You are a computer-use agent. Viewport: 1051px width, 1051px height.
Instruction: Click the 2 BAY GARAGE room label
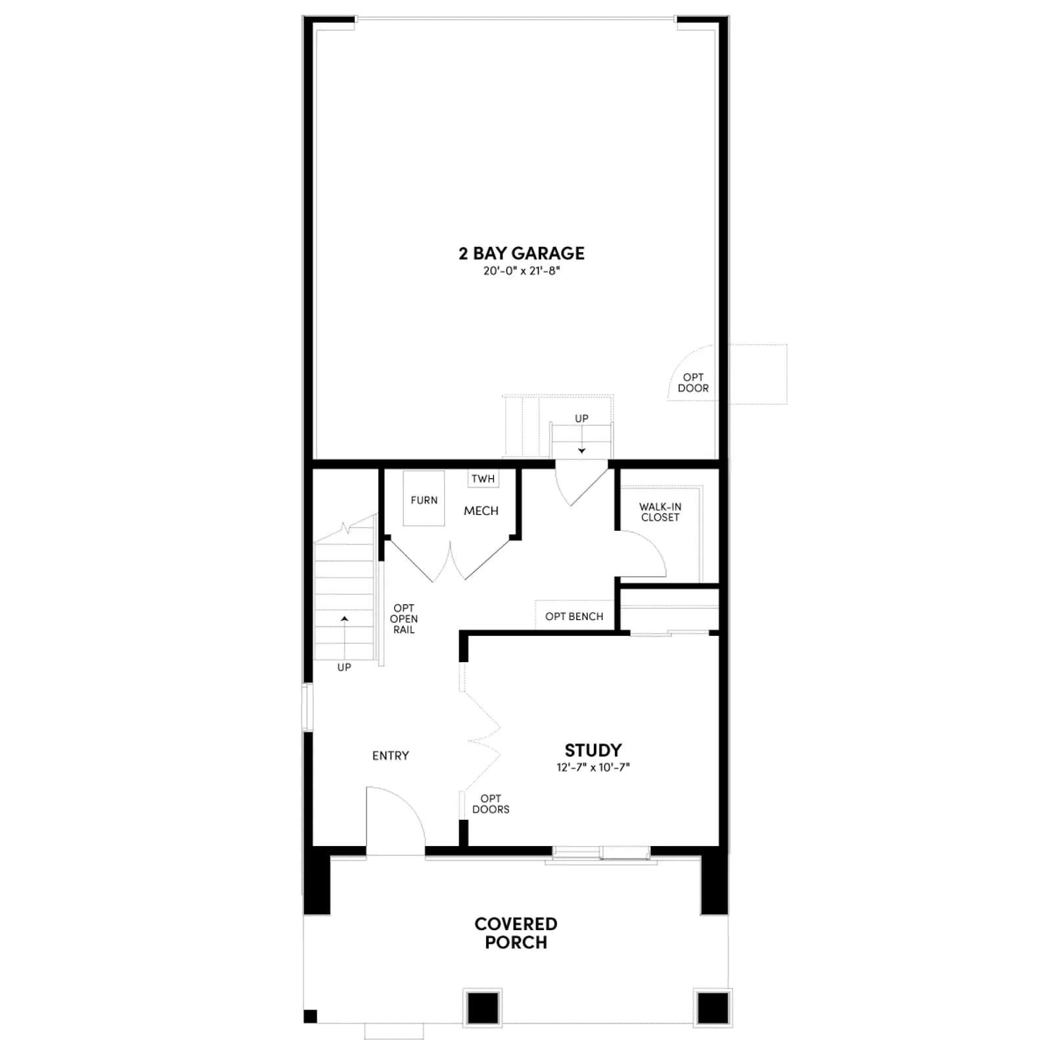point(522,254)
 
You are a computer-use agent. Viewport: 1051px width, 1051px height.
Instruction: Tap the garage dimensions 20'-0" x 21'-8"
point(522,271)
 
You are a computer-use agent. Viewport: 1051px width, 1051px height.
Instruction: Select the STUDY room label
point(593,750)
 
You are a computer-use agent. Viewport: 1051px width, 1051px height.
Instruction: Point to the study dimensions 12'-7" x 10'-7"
point(593,767)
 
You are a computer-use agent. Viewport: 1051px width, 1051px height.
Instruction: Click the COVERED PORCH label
point(516,933)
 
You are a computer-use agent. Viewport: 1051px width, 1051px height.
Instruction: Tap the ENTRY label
point(390,756)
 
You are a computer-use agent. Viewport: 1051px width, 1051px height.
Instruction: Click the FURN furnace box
point(424,499)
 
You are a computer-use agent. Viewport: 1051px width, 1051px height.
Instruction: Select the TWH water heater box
point(483,479)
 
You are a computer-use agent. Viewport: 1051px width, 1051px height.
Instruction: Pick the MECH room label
point(481,511)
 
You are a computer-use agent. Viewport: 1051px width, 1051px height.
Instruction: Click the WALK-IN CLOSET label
point(660,512)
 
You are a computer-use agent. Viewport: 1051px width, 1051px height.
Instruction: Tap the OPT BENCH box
point(574,616)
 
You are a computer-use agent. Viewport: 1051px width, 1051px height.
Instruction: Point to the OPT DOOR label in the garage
point(693,383)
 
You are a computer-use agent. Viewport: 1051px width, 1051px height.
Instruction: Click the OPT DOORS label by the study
point(491,804)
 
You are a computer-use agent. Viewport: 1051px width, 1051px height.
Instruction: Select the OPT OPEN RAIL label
point(403,619)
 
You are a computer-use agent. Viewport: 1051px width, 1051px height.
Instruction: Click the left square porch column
point(483,1007)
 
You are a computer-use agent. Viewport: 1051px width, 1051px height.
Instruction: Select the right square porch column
point(713,1007)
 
